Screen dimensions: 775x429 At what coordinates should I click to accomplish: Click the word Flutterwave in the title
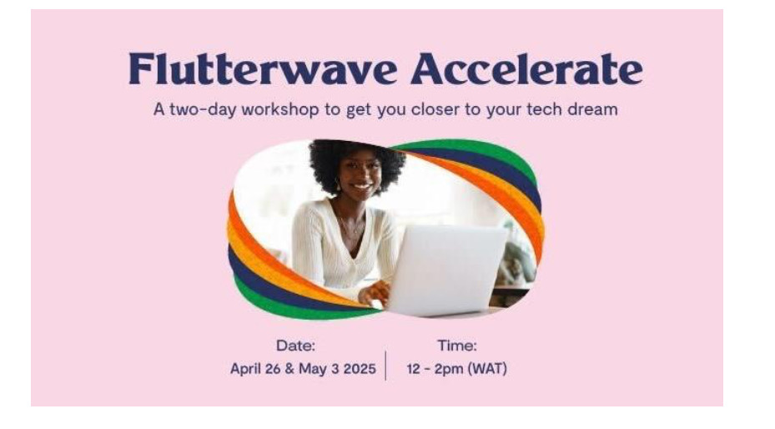pyautogui.click(x=263, y=68)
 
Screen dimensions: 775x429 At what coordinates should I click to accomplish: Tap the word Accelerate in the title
pyautogui.click(x=527, y=68)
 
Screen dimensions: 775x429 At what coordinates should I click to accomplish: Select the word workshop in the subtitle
pyautogui.click(x=279, y=109)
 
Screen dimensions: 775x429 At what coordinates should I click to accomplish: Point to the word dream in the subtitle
pyautogui.click(x=592, y=109)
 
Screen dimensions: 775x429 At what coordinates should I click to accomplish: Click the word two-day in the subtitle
pyautogui.click(x=204, y=109)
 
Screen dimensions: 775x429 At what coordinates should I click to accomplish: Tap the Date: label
pyautogui.click(x=295, y=346)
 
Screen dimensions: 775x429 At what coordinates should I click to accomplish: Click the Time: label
pyautogui.click(x=457, y=346)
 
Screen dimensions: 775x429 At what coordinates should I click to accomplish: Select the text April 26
pyautogui.click(x=255, y=369)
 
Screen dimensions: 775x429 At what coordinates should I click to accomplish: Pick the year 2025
pyautogui.click(x=360, y=369)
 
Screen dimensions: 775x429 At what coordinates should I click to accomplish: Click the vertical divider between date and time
pyautogui.click(x=385, y=366)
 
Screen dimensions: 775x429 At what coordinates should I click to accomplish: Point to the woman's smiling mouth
pyautogui.click(x=362, y=187)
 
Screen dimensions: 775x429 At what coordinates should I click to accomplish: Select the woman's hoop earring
pyautogui.click(x=339, y=186)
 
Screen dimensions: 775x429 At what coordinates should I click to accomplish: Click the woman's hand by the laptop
pyautogui.click(x=375, y=294)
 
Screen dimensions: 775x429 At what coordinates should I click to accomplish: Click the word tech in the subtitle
pyautogui.click(x=545, y=109)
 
